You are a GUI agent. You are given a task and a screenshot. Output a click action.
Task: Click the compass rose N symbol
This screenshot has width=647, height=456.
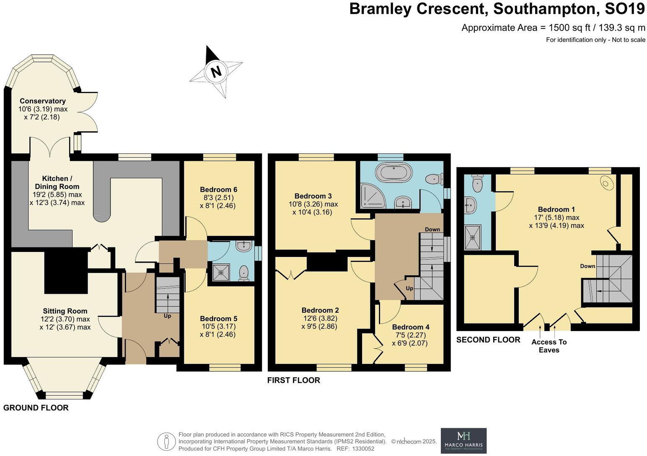[x=216, y=72]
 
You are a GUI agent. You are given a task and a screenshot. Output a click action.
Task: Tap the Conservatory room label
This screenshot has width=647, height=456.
[x=43, y=101]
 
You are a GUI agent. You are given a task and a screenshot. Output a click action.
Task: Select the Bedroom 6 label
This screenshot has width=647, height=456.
[x=218, y=189]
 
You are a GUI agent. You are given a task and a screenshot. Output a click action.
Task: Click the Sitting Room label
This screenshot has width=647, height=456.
[x=65, y=311]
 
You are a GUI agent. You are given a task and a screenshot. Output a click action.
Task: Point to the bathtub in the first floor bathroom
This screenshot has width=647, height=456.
[x=394, y=172]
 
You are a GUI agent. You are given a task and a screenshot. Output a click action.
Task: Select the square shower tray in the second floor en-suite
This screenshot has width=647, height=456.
[x=473, y=237]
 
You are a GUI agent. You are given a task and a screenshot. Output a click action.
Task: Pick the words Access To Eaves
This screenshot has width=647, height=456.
[x=549, y=346]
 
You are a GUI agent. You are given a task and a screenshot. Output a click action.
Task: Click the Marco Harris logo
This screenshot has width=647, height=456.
[x=463, y=440]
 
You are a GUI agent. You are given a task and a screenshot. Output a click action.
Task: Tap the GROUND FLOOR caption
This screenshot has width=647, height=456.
[x=36, y=408]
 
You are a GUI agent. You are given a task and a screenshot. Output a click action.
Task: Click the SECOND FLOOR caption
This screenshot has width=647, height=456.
[x=488, y=340]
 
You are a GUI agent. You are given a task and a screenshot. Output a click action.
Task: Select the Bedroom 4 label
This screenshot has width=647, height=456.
[x=411, y=327]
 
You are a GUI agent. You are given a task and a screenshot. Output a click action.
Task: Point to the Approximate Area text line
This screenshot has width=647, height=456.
[x=553, y=28]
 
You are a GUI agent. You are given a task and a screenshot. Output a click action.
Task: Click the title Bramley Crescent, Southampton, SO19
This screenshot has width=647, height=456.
[x=497, y=9]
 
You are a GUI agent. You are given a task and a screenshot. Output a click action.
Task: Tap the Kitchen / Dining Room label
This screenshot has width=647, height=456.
[x=57, y=182]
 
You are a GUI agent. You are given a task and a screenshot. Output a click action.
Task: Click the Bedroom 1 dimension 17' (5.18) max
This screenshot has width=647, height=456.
[x=556, y=218]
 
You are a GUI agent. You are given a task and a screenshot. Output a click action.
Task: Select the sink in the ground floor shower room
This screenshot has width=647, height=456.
[x=243, y=246]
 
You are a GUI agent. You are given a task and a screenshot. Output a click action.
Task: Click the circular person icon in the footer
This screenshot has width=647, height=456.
[x=166, y=442]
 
